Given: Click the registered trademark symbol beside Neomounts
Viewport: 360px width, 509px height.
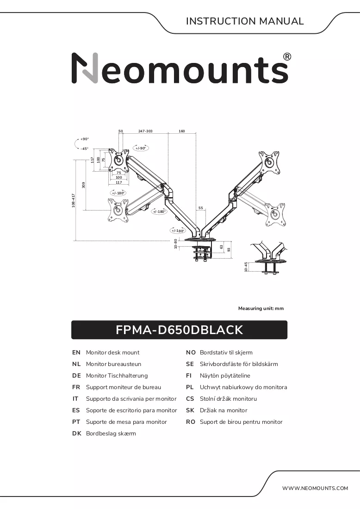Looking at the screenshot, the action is [287, 57].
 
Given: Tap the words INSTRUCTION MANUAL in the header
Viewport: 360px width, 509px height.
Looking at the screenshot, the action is [245, 21].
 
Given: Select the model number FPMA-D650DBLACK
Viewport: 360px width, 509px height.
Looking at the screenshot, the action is [179, 330].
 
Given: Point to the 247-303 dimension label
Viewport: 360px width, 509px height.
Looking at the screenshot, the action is [145, 131].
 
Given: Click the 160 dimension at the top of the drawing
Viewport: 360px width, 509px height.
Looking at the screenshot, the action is [182, 131].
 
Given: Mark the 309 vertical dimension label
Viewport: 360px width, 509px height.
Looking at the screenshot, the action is [83, 185].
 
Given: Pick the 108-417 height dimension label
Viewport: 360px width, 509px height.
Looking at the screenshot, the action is [74, 201].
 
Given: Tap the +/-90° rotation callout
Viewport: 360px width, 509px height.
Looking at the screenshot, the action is [141, 148].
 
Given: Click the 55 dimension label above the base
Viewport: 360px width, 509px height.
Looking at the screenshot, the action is [201, 208].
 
